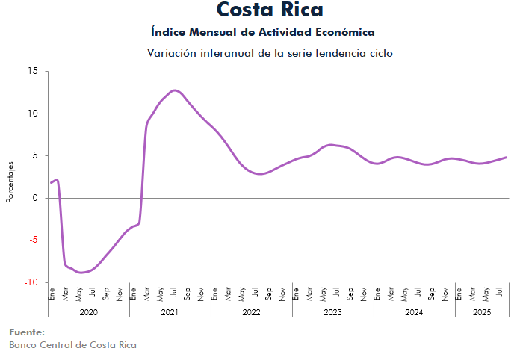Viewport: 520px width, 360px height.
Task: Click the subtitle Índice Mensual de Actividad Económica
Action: click(262, 32)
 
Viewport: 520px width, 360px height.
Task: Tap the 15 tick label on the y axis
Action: click(32, 72)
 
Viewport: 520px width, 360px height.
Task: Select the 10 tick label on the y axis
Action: click(32, 114)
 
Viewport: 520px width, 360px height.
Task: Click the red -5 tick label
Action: click(33, 240)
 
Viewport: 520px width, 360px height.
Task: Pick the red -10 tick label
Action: click(31, 282)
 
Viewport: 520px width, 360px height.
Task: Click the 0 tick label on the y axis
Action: click(35, 198)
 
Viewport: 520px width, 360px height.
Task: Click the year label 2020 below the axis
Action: click(88, 311)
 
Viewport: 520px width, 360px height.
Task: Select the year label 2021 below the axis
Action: click(170, 311)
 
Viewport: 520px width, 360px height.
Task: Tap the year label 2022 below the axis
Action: click(251, 311)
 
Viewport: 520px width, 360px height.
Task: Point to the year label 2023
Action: click(332, 311)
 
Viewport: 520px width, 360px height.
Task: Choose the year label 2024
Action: click(414, 311)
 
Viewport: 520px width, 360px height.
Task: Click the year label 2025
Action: click(482, 311)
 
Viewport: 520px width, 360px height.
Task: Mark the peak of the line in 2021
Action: click(175, 90)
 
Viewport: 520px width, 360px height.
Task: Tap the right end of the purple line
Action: click(507, 157)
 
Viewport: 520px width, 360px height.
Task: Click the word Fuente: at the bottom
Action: click(27, 332)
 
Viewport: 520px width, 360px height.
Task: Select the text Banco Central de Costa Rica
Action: click(72, 345)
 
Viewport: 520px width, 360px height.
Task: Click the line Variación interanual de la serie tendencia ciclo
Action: click(270, 53)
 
